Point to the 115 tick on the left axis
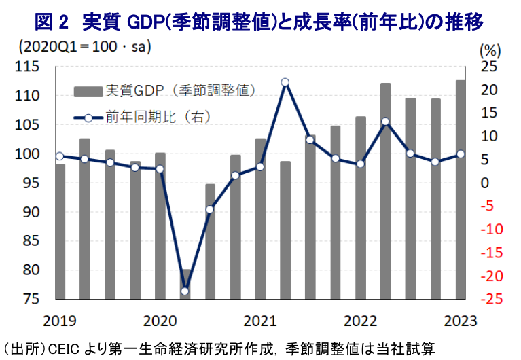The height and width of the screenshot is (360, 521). click(27, 67)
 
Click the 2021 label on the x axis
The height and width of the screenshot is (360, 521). click(259, 320)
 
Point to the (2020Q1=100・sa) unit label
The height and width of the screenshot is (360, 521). click(81, 49)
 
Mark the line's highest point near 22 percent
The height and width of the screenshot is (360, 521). click(285, 83)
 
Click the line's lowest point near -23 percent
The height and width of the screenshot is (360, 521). click(185, 291)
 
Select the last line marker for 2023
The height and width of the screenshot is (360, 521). click(461, 154)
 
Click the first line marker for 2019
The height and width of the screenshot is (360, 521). click(60, 156)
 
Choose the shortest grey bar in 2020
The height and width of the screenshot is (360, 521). click(185, 284)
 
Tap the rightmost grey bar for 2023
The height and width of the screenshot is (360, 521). click(461, 190)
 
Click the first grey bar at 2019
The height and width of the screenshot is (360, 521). click(60, 231)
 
